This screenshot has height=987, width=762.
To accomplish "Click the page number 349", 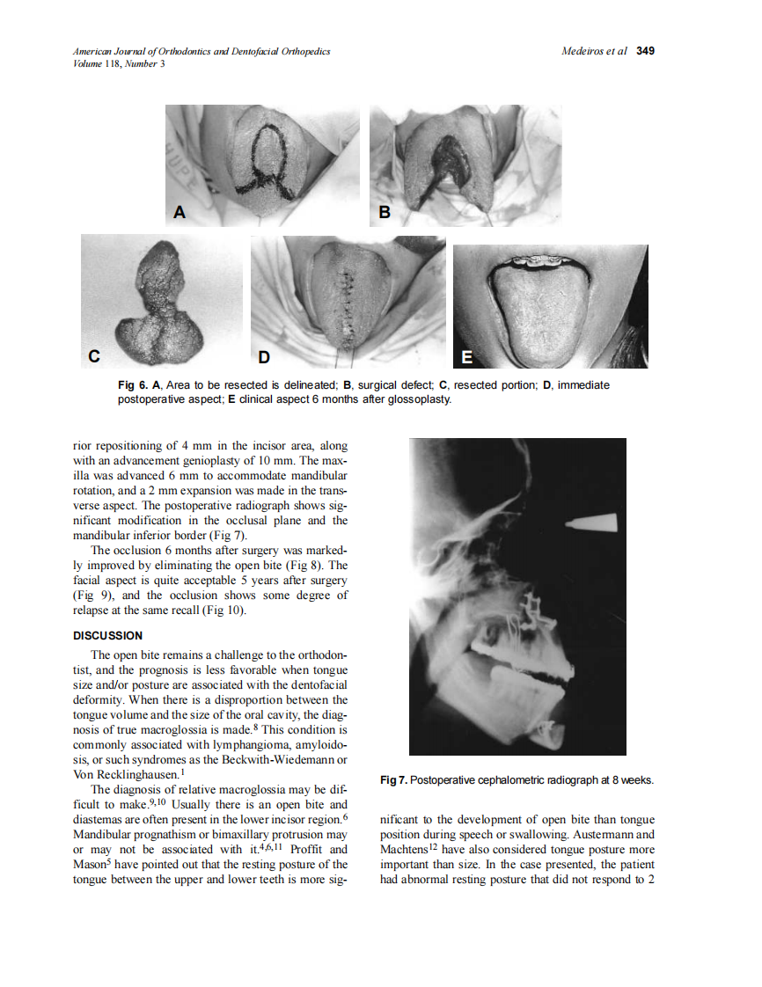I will (645, 51).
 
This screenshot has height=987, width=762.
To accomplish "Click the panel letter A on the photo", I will (180, 212).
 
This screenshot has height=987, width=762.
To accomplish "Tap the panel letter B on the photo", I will (385, 212).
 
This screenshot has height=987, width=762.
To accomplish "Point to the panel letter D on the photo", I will (265, 356).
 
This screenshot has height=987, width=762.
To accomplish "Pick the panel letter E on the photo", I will (467, 356).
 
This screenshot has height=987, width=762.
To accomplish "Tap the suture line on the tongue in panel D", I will (345, 303).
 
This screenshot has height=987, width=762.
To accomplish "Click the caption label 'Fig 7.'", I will (393, 780).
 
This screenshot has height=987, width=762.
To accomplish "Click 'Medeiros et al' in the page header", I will (594, 51).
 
